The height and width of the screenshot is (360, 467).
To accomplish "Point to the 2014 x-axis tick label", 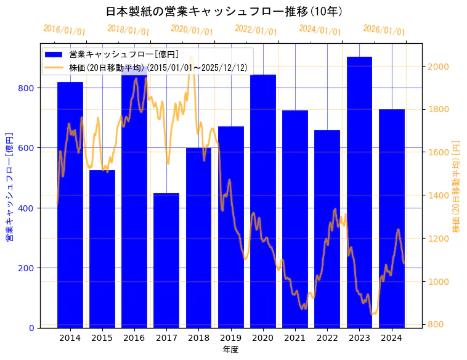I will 70,338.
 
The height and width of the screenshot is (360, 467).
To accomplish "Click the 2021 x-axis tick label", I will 295,338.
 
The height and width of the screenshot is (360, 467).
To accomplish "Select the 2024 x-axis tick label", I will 392,338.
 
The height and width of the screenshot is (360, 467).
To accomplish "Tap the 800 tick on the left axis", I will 28,88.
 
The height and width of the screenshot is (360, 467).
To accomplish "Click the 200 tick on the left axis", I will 28,268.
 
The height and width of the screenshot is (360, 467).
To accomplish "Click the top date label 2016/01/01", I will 64,30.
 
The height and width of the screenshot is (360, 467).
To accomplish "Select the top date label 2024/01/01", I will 320,30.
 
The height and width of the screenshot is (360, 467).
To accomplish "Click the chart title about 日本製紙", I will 224,12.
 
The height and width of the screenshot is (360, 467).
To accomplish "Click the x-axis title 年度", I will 230,350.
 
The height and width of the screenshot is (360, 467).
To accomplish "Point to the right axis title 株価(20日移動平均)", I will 456,185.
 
